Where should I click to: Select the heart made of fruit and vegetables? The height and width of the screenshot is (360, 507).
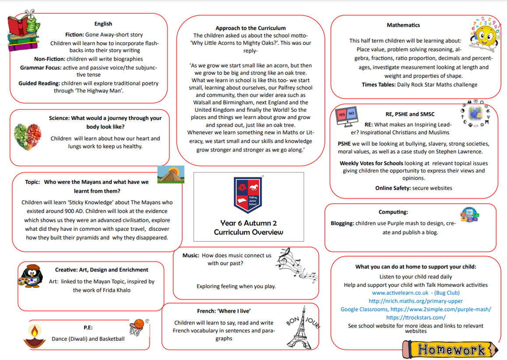[x=28, y=136]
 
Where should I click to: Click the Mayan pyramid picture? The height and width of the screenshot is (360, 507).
[x=171, y=174]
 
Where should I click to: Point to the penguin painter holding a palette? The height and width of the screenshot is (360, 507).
[x=31, y=276]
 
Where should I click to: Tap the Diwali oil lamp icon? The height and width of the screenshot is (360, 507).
[x=35, y=335]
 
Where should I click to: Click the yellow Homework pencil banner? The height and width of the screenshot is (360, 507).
[x=450, y=349]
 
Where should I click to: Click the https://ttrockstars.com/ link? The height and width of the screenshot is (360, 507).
[x=415, y=318]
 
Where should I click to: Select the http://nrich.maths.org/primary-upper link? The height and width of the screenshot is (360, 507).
[x=415, y=301]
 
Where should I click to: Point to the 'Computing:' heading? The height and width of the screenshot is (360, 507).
[x=393, y=212]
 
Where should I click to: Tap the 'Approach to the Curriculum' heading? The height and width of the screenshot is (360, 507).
[x=250, y=28]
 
